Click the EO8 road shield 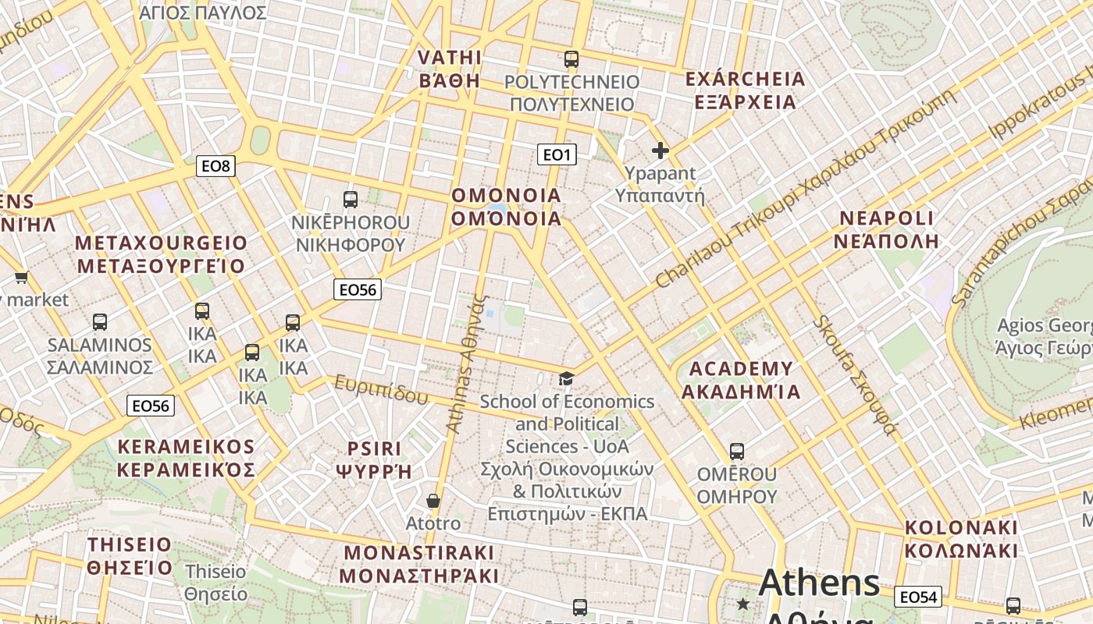click(x=215, y=165)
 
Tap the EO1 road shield click(x=557, y=154)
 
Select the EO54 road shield click(x=918, y=597)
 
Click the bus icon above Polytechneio click(x=571, y=58)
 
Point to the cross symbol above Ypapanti click(x=660, y=150)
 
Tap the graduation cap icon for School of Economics click(x=566, y=379)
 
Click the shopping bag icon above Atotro click(x=433, y=501)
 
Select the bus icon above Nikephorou click(x=351, y=199)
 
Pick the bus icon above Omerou click(x=737, y=451)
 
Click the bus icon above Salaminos click(x=100, y=321)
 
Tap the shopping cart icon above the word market click(x=21, y=277)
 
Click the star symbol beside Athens click(x=742, y=604)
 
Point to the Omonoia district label click(x=507, y=207)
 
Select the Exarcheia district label click(x=745, y=90)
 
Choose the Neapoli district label click(x=886, y=229)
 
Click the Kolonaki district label click(x=961, y=538)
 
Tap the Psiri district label click(x=374, y=459)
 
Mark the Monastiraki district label click(x=419, y=564)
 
